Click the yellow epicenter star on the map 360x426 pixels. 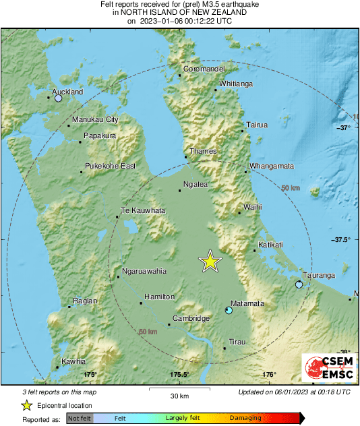[x=211, y=262]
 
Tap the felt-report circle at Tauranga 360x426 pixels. [x=299, y=285]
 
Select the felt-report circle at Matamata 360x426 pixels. [x=229, y=311]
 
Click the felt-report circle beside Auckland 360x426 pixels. [x=58, y=98]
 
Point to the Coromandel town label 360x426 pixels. [x=204, y=69]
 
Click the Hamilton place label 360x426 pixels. [x=160, y=297]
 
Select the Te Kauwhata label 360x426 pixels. [x=142, y=211]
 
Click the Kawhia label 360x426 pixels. [x=73, y=362]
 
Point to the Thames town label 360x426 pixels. [x=203, y=152]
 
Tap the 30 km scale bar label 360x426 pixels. [x=179, y=395]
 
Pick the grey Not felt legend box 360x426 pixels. [x=80, y=419]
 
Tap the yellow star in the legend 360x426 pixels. [x=27, y=405]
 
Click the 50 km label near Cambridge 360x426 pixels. [x=148, y=332]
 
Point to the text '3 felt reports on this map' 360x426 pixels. [x=60, y=392]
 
